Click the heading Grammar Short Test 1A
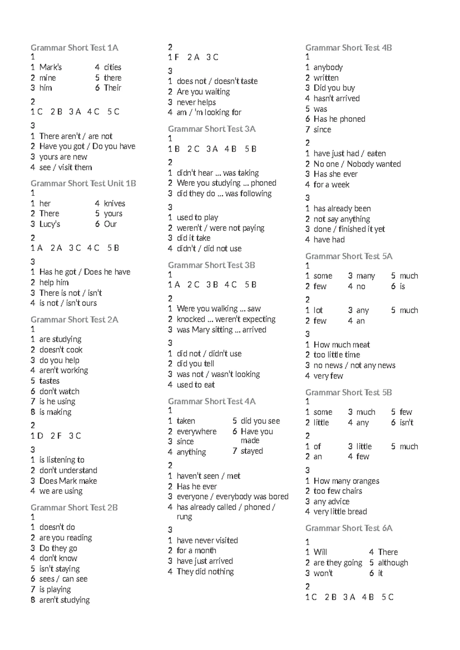click(74, 48)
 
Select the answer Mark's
click(50, 67)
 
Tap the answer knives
click(114, 204)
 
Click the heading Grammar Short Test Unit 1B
click(83, 184)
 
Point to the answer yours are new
click(63, 157)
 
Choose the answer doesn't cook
click(61, 350)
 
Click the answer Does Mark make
click(68, 481)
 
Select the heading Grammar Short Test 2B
click(74, 508)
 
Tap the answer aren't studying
click(64, 600)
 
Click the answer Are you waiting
click(203, 92)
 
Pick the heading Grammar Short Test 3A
click(212, 129)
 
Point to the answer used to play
click(197, 218)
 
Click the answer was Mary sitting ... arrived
click(221, 330)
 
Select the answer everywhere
click(196, 432)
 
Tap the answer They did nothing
click(205, 572)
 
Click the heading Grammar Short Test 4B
click(348, 48)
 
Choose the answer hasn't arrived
click(337, 98)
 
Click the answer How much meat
click(342, 345)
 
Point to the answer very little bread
click(340, 512)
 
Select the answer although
click(393, 563)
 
